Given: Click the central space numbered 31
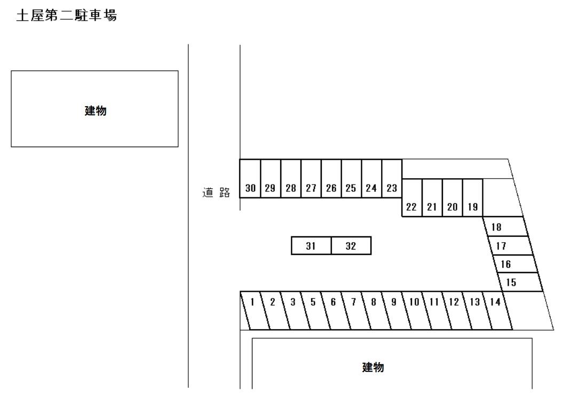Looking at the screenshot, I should pos(311,246).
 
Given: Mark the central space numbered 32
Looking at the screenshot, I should pos(351,246).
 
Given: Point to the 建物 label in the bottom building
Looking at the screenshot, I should pos(373,367).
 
